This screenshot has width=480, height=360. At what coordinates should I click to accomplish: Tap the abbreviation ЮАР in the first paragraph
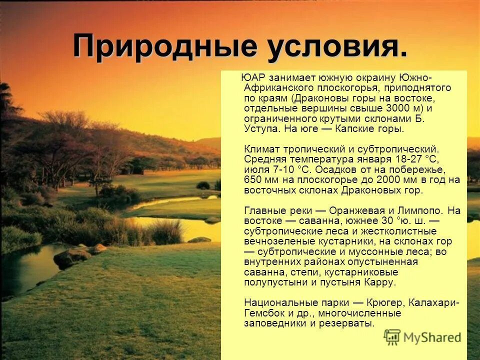tap(253, 77)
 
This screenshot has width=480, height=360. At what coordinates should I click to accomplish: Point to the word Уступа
tap(261, 128)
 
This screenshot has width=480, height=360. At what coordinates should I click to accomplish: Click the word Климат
tap(261, 149)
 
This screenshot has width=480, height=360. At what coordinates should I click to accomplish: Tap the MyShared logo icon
tap(392, 337)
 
